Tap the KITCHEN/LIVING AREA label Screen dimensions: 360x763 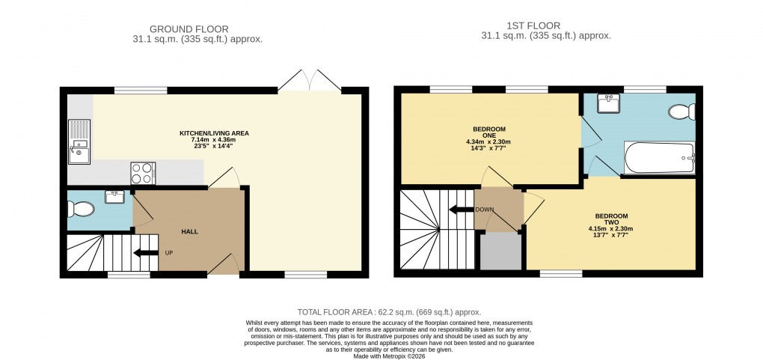click(x=214, y=133)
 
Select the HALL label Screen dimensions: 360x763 click(x=189, y=232)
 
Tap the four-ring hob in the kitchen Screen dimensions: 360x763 click(x=142, y=173)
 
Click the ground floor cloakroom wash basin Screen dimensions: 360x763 click(x=115, y=197)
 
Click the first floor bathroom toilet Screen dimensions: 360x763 click(x=681, y=113)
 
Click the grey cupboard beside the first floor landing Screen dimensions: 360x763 click(x=500, y=252)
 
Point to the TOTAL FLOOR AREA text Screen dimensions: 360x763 click(x=388, y=312)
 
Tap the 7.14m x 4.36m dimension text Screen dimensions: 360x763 click(x=214, y=140)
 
